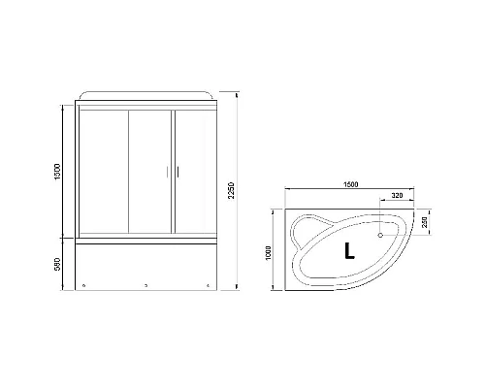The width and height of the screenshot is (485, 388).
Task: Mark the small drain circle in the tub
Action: (380, 234)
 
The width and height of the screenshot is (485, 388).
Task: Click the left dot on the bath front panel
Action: (86, 286)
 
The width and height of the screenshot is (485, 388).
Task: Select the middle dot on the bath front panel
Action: (145, 286)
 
